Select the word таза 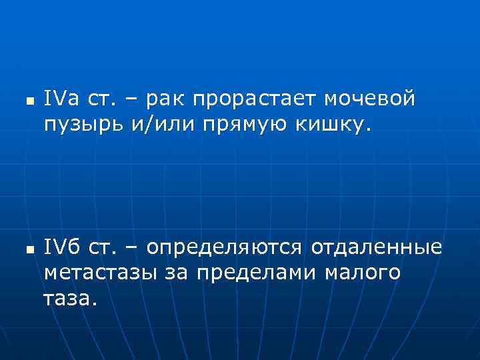click(70, 298)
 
